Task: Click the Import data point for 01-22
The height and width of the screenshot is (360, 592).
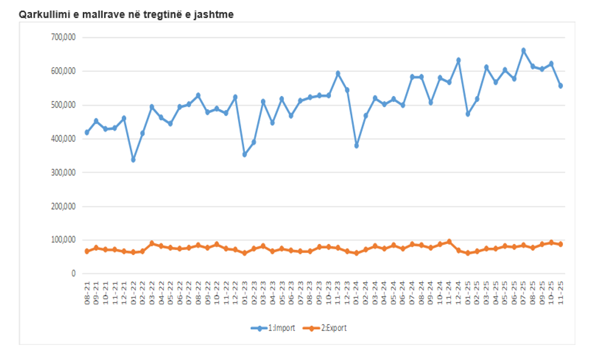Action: click(x=134, y=159)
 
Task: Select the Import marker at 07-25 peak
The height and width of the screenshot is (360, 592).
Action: click(x=524, y=51)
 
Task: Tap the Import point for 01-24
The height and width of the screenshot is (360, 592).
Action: click(x=356, y=146)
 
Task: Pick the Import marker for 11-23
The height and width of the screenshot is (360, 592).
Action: click(x=338, y=74)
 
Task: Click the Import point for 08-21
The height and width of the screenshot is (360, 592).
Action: click(x=87, y=132)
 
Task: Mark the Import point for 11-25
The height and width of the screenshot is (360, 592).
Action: click(x=561, y=86)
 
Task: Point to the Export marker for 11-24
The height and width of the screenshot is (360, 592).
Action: click(x=449, y=242)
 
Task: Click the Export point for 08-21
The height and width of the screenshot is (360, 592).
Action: click(x=87, y=251)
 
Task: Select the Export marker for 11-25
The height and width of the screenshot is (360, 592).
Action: click(x=561, y=244)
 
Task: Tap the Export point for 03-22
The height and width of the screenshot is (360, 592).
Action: click(x=152, y=243)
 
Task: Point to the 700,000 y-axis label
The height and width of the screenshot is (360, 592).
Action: click(x=62, y=37)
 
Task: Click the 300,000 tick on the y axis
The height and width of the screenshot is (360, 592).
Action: click(x=62, y=172)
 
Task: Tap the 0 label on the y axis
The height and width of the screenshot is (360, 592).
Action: click(x=73, y=274)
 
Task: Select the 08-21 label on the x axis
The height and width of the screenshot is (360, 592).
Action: click(x=87, y=292)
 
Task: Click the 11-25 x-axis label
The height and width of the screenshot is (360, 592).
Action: click(x=561, y=292)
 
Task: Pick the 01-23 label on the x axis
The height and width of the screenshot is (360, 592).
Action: click(x=245, y=292)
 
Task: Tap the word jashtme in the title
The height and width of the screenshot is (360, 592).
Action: click(x=214, y=13)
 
